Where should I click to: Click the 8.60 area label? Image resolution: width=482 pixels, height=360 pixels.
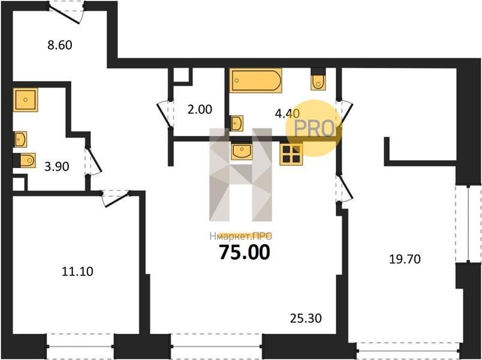(x=60, y=45)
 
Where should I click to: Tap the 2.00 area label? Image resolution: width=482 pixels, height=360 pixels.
(x=200, y=109)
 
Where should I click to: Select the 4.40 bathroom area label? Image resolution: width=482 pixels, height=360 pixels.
(x=287, y=113)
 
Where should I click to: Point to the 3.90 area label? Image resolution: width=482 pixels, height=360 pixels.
(x=57, y=166)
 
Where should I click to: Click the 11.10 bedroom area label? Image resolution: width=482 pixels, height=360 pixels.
(x=77, y=271)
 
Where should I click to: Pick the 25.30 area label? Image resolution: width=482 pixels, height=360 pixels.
(x=306, y=318)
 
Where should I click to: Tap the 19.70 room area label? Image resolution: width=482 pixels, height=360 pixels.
(x=405, y=259)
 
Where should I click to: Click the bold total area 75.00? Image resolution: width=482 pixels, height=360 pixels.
(x=245, y=252)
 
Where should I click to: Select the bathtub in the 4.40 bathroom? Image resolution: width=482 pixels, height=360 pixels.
(x=256, y=80)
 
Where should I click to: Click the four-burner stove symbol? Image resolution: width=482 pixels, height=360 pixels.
(x=291, y=154)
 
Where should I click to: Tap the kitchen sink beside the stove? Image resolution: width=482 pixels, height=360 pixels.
(x=242, y=151)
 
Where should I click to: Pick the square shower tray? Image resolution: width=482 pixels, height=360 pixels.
(x=26, y=100)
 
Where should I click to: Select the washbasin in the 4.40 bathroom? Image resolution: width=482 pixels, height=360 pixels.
(x=237, y=124)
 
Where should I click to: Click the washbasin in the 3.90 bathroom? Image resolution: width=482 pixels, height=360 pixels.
(x=20, y=139)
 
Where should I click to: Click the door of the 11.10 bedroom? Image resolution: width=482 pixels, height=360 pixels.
(x=116, y=199)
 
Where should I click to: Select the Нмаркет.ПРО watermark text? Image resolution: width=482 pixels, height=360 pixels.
(x=241, y=236)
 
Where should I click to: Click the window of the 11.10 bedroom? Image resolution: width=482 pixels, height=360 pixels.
(x=80, y=346)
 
